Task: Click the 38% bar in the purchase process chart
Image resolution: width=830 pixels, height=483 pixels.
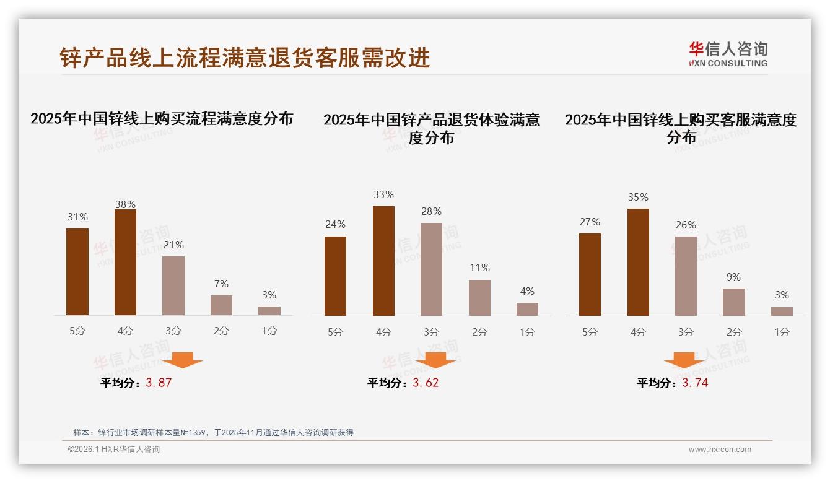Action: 125,263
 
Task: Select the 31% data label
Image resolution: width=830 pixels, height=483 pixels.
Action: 77,217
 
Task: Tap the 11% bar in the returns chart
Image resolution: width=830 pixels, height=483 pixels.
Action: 479,298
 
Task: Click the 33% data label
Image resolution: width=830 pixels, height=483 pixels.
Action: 383,195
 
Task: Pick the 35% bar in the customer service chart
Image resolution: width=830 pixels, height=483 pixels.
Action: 638,263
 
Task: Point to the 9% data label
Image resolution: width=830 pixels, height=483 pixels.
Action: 733,277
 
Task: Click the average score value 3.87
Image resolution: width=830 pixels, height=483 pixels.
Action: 159,383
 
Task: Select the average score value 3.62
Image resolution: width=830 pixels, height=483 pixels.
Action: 426,383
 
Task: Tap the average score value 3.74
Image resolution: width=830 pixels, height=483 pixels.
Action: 695,383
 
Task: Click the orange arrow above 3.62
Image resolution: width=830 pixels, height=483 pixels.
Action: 435,360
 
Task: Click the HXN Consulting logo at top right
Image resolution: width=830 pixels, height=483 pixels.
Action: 728,54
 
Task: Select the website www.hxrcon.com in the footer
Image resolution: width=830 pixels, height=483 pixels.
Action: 720,450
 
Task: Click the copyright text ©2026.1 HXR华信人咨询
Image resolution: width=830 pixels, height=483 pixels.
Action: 114,450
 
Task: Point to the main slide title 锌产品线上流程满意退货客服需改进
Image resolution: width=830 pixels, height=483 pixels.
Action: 245,58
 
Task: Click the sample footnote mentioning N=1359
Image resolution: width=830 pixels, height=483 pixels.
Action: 213,432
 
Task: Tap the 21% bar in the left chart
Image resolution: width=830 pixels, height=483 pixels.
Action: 173,286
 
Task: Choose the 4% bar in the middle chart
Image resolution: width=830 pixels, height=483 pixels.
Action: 527,309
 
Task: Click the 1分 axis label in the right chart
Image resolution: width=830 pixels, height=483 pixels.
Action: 782,332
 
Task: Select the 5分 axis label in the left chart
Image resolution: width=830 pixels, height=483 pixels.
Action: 77,331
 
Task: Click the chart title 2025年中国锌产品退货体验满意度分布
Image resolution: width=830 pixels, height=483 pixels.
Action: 432,128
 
